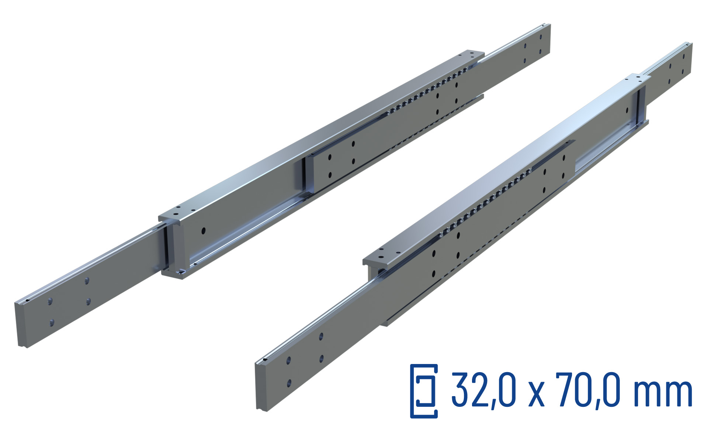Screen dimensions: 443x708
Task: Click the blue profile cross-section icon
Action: click(424, 391)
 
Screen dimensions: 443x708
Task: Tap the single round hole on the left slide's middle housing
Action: click(203, 231)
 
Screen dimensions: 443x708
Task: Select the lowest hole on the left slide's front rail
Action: click(52, 323)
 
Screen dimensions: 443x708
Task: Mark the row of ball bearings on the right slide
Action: click(483, 203)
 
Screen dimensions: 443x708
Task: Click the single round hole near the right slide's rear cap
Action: click(627, 110)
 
